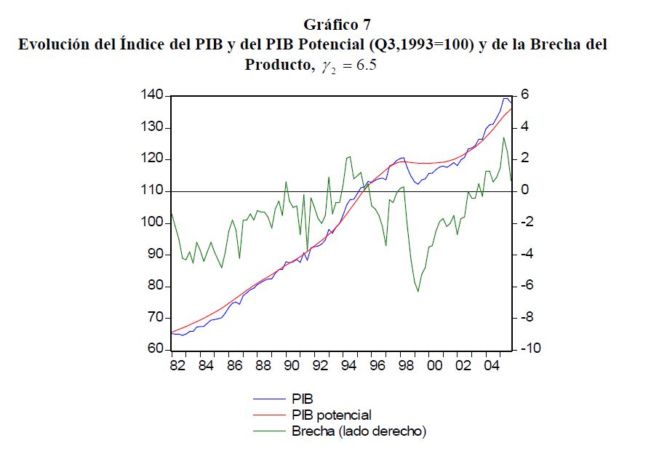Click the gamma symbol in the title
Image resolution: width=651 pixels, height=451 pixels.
[x=315, y=67]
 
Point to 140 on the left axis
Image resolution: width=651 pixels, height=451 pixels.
[x=151, y=96]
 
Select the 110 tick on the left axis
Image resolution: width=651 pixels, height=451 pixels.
[x=151, y=191]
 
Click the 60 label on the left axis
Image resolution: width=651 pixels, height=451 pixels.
[x=155, y=350]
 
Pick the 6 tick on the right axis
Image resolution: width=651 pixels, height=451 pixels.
[x=523, y=96]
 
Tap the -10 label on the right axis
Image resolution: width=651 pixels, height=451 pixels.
[x=529, y=350]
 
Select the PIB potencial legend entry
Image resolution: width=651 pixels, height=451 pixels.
[x=331, y=415]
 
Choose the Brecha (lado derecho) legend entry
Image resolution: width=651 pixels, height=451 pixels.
[x=359, y=431]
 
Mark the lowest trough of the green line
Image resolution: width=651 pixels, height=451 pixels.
[x=418, y=292]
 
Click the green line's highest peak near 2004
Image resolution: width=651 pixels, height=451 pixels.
[x=503, y=137]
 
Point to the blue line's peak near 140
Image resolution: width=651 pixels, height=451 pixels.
[x=505, y=98]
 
